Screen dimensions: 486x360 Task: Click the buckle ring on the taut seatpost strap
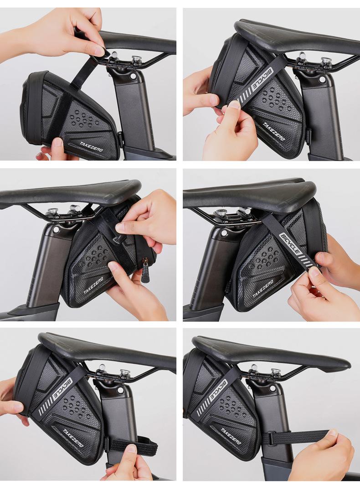270,439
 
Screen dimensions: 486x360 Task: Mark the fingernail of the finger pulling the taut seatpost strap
334,433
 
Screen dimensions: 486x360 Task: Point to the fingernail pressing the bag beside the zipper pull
113,265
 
